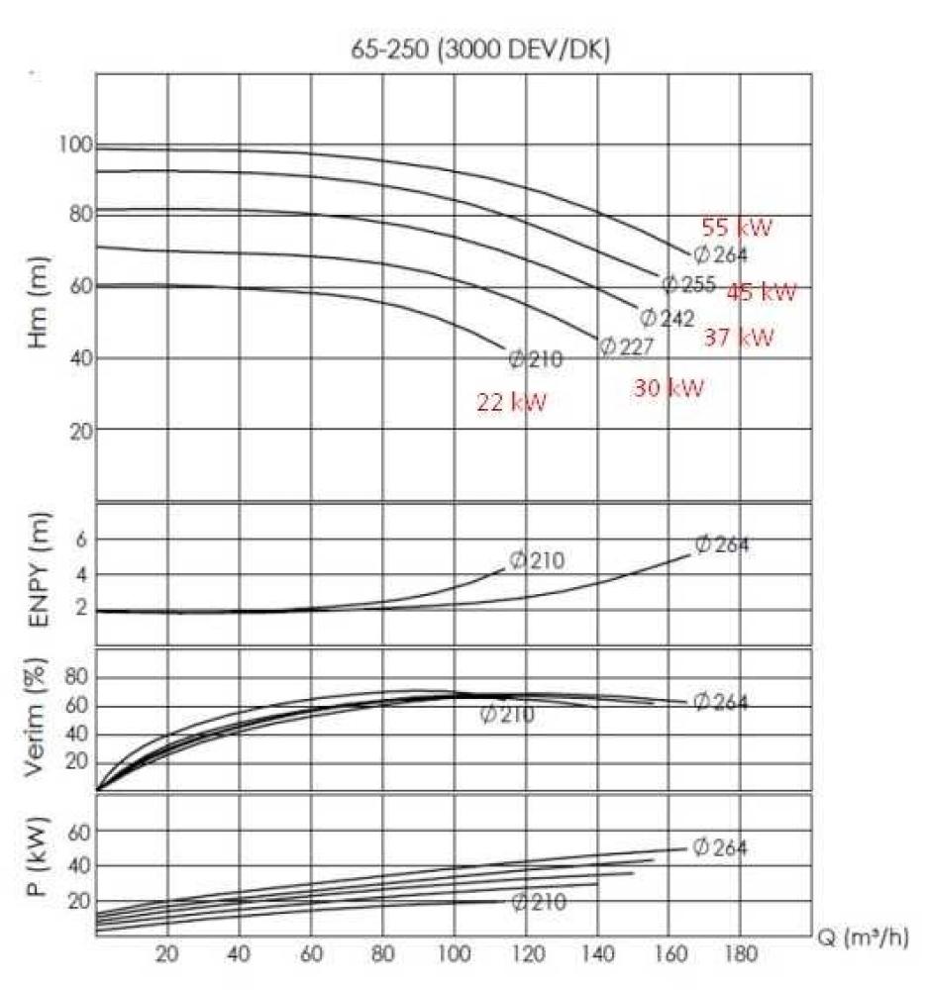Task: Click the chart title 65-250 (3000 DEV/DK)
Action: click(x=480, y=50)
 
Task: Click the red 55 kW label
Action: click(x=736, y=228)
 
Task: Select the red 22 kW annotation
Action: click(x=511, y=402)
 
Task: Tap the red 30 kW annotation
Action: click(x=669, y=388)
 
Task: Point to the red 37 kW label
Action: click(x=739, y=338)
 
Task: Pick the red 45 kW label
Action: click(x=762, y=292)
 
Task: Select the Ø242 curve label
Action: click(x=663, y=318)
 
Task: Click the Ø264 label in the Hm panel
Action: click(x=720, y=254)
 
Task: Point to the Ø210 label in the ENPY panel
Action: click(x=537, y=560)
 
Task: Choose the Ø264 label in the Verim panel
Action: click(x=720, y=702)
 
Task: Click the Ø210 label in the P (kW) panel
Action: click(x=539, y=902)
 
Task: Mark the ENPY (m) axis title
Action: click(x=40, y=575)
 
